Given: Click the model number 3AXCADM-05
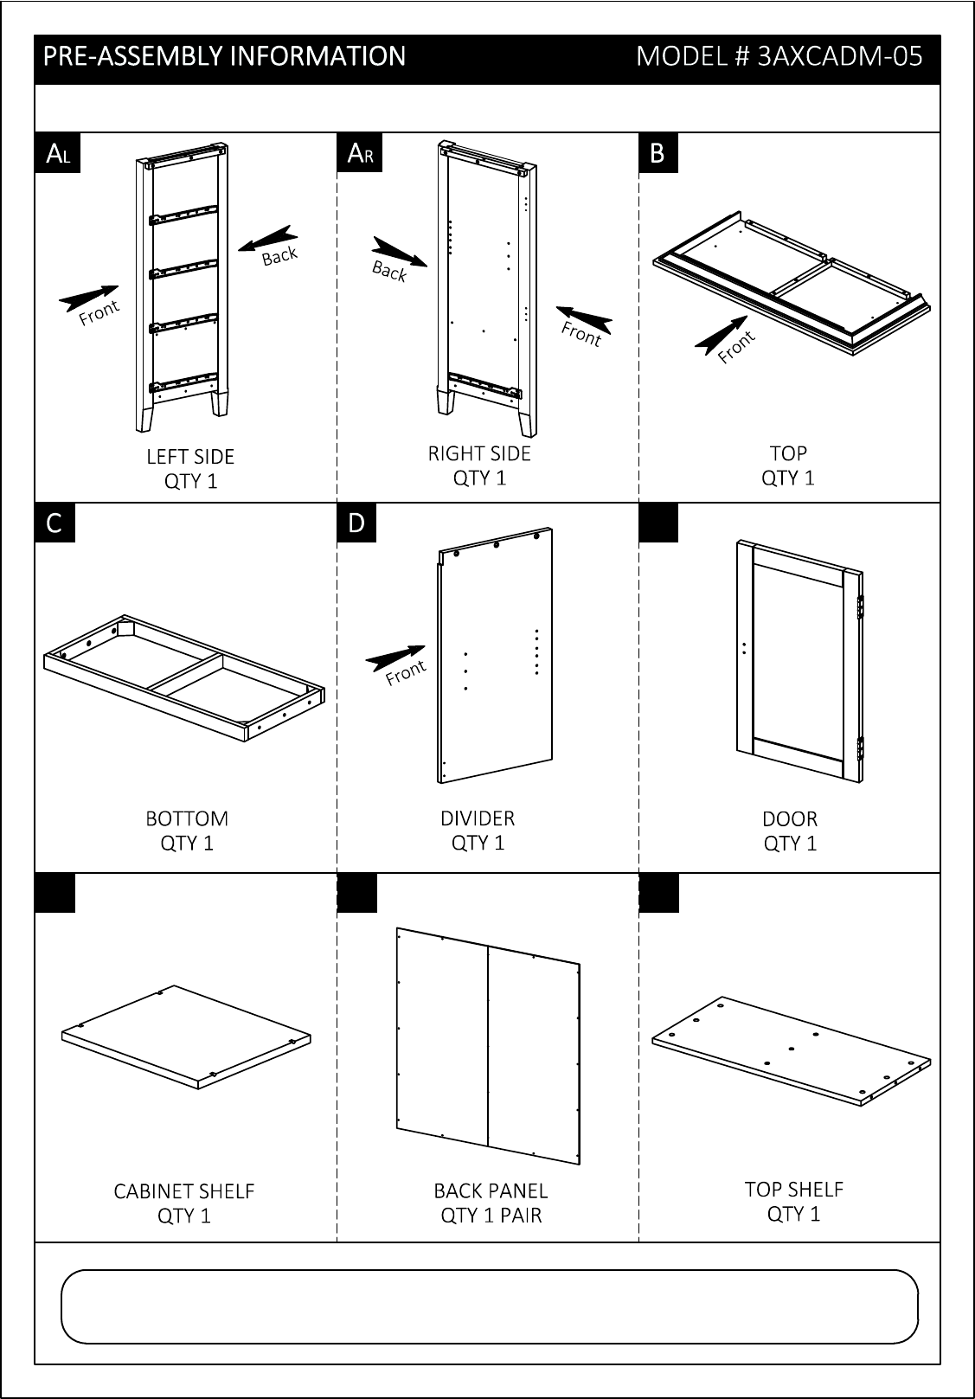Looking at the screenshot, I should (779, 57).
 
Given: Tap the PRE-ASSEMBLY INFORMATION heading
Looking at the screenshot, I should (224, 57).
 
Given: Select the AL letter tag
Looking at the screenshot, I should (57, 154).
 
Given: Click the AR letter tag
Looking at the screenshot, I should (359, 154).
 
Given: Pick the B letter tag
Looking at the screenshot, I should (657, 154).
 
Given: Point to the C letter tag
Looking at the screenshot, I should (55, 523).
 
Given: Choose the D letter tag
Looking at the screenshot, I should (356, 523).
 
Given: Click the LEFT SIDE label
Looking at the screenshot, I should (190, 457).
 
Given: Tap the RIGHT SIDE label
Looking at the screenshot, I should (479, 453).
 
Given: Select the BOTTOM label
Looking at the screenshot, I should (187, 818).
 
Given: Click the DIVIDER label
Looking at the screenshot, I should (478, 818).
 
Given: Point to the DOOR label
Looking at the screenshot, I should (790, 819).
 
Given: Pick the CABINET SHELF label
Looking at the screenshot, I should (184, 1191).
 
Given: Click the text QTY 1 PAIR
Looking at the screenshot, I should (491, 1216).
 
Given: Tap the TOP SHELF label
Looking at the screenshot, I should (793, 1190).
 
